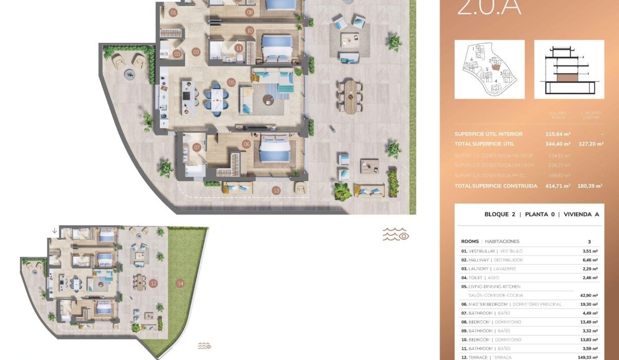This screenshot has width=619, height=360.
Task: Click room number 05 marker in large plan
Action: click(231, 82)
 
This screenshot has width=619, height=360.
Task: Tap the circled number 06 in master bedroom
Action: click(246, 144)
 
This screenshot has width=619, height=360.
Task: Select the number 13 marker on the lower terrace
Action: click(276, 191)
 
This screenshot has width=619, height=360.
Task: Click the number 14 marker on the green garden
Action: click(180, 283)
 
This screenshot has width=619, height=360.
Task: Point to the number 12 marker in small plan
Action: click(153, 283)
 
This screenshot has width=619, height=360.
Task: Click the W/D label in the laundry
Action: click(164, 53)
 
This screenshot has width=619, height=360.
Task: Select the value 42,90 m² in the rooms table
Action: click(588, 296)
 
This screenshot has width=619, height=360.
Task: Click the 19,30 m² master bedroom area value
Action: click(588, 304)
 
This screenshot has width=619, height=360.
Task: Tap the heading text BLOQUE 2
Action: click(500, 215)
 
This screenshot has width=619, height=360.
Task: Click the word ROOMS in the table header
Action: click(469, 241)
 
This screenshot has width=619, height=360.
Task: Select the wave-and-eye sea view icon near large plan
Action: click(395, 235)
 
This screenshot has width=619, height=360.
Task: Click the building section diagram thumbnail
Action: click(569, 69)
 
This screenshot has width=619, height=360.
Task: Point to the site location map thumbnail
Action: click(489, 69)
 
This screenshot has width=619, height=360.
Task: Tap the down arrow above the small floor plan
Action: click(55, 231)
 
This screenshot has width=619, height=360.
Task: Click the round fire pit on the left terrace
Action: click(127, 75)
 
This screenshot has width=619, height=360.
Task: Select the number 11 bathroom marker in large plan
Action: click(238, 48)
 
